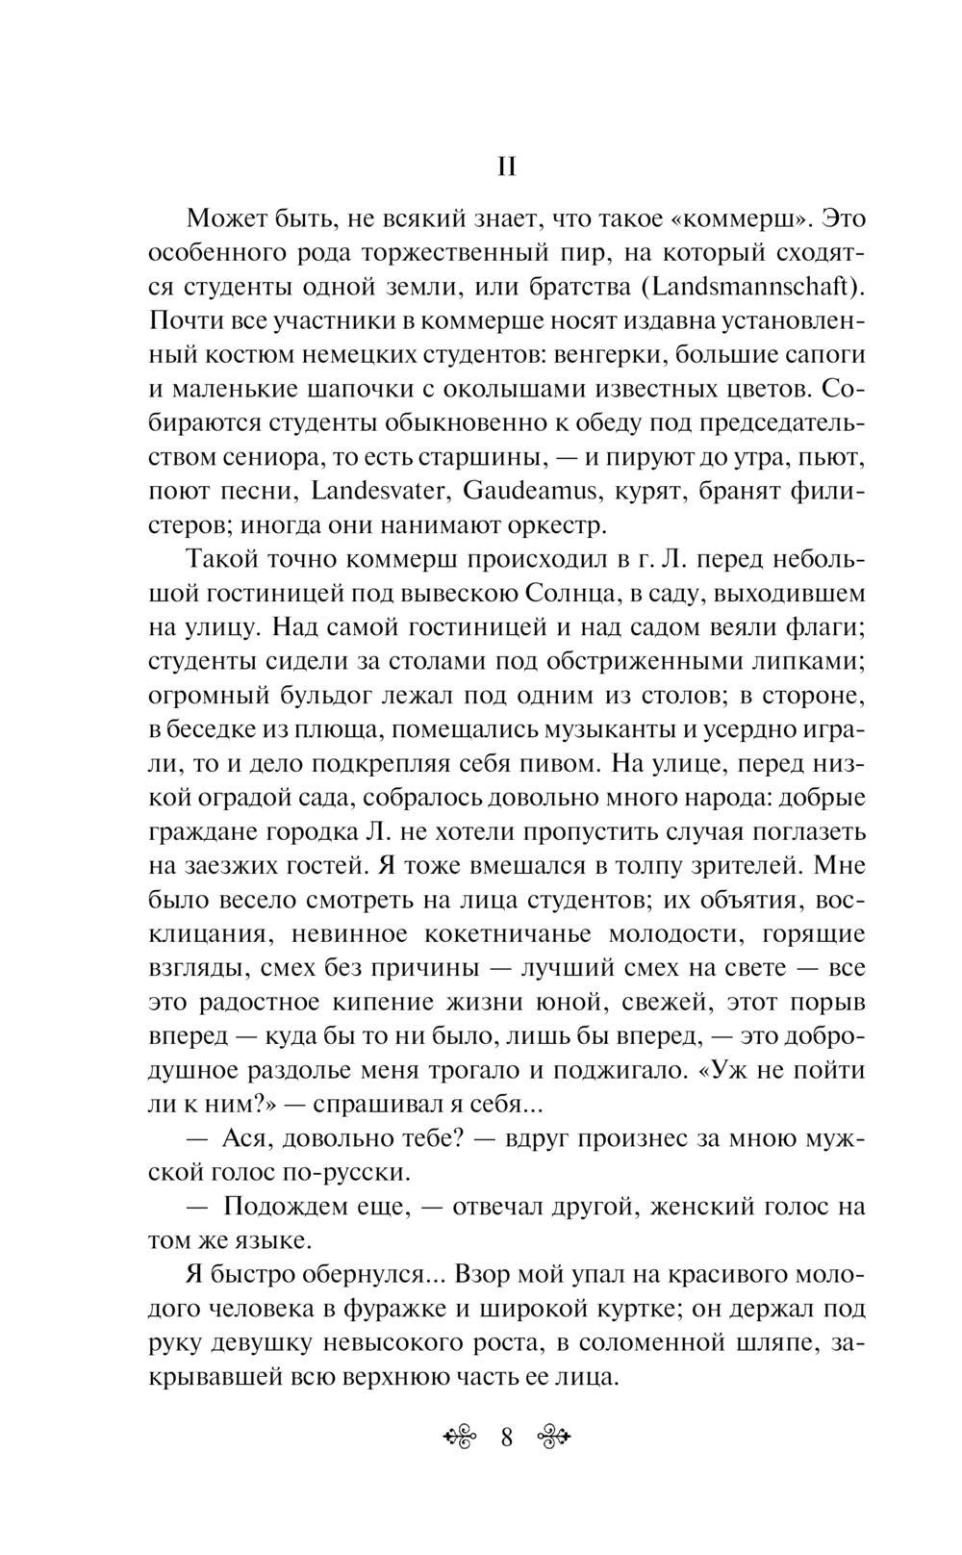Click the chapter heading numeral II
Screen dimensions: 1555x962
pos(507,167)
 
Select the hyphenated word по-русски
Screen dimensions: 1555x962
pos(347,1171)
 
